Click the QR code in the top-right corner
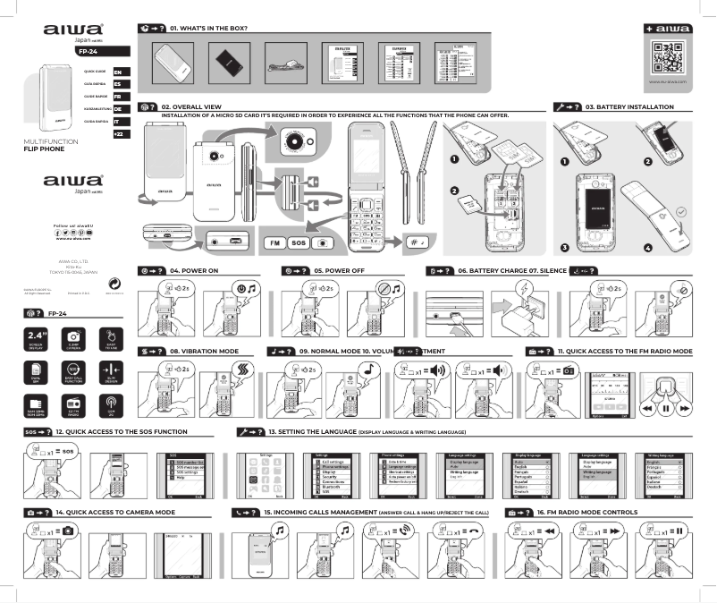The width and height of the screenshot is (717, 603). pos(667,58)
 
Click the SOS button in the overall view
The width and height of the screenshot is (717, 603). pos(299,242)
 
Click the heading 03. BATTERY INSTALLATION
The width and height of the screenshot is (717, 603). pos(629,106)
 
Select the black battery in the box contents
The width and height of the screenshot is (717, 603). pos(228,62)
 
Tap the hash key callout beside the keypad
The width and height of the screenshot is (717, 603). pos(418,242)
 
